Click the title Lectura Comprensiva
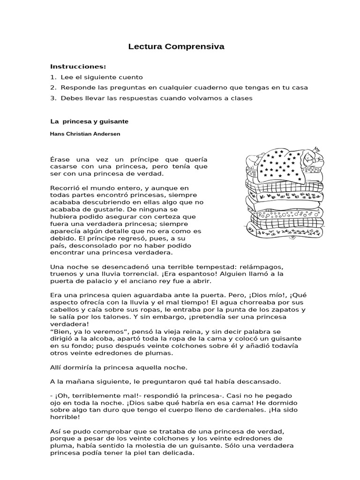coord(176,47)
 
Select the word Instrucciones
coord(78,67)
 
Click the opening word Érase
coord(60,160)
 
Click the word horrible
coord(64,417)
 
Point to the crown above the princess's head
coord(317,149)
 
